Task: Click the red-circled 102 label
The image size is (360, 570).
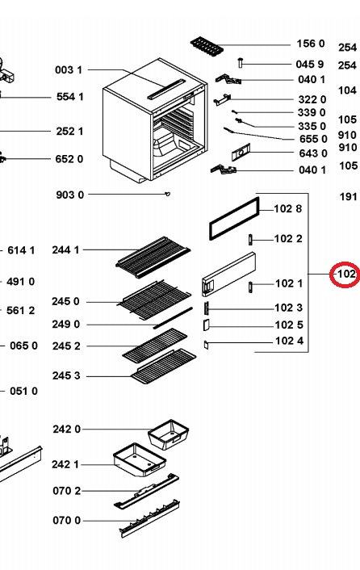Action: (345, 274)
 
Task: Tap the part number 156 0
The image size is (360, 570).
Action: (310, 44)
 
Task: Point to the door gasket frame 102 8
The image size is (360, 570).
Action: (235, 219)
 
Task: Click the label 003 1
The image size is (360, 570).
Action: (69, 69)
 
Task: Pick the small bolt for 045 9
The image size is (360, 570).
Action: (240, 62)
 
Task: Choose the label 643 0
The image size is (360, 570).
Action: (313, 153)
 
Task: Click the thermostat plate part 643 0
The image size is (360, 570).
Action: (241, 152)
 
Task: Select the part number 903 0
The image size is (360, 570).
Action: (69, 195)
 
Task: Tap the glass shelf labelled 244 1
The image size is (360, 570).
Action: (153, 257)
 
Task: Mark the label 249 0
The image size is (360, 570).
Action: (65, 324)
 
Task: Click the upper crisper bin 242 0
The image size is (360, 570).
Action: (169, 434)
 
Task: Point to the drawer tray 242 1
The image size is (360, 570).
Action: (140, 460)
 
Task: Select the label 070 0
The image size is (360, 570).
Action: (66, 520)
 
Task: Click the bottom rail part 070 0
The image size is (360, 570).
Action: (149, 518)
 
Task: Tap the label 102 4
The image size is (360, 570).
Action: (289, 341)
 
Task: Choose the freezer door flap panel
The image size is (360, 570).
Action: (228, 274)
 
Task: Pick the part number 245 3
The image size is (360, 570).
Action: (65, 375)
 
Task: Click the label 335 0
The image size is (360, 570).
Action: (312, 126)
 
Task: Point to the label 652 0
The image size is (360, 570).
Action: (69, 159)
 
